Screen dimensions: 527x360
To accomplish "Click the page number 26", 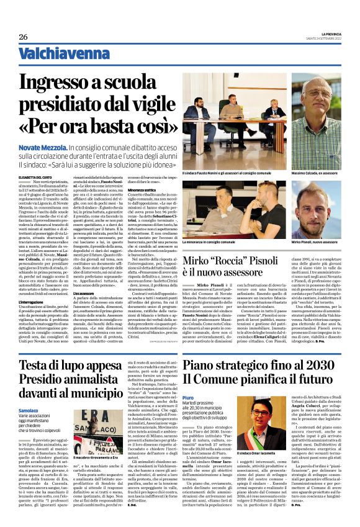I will click(23, 37).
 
